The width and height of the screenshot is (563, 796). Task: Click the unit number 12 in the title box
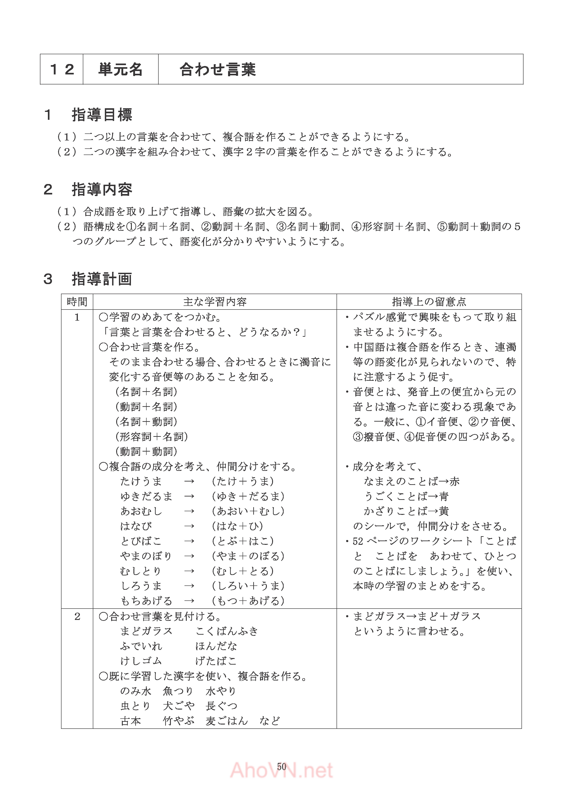click(62, 69)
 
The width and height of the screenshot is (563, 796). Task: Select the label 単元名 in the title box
click(120, 69)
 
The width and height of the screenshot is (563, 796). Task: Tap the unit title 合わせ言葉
click(218, 69)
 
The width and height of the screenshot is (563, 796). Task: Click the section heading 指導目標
click(102, 115)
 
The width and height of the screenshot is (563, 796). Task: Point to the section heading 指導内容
click(102, 190)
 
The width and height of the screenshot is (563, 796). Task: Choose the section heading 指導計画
click(102, 279)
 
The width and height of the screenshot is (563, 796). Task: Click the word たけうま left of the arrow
click(141, 481)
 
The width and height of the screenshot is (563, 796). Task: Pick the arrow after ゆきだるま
click(189, 496)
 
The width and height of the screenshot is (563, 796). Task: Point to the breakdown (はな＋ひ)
click(237, 526)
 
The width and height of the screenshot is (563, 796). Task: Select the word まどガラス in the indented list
click(146, 631)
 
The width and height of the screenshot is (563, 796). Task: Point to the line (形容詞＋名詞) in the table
click(152, 437)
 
